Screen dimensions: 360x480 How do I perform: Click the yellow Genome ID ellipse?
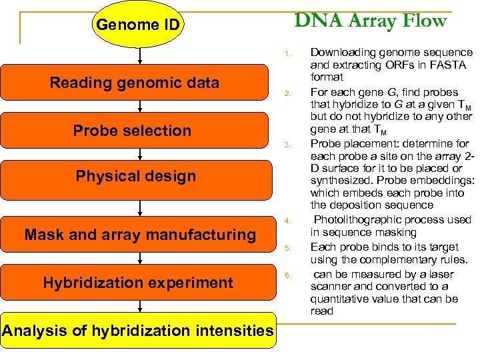pos(138,25)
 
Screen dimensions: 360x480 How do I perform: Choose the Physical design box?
pos(136,177)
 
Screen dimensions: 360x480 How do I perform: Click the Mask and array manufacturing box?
pos(139,235)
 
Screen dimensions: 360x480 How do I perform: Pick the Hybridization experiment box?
pos(138,283)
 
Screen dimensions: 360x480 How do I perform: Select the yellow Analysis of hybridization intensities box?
pos(138,331)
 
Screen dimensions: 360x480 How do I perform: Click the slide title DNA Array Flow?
pos(370,21)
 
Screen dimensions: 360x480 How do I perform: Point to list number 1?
pos(285,53)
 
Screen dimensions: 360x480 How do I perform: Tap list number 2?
pos(285,93)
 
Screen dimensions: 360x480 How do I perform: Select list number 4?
pos(285,221)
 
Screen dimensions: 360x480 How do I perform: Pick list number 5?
pos(285,248)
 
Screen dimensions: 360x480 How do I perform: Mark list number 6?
pos(285,275)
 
